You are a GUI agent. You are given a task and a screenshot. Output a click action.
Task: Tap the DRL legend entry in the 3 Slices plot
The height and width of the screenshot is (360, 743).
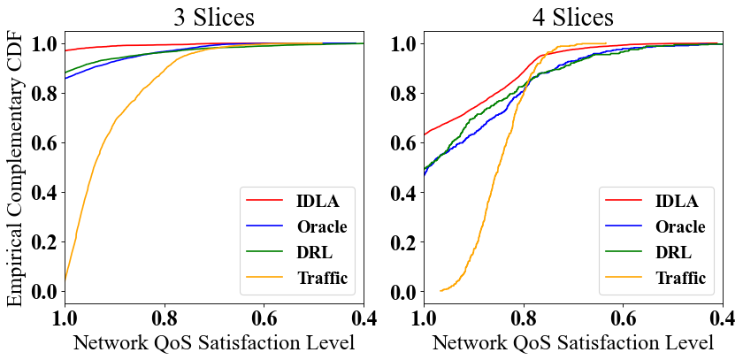[315, 252]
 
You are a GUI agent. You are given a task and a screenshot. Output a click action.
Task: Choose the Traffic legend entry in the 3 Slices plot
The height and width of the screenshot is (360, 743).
[322, 279]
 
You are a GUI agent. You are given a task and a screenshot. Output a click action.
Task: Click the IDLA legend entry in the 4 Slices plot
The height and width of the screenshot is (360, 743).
[676, 201]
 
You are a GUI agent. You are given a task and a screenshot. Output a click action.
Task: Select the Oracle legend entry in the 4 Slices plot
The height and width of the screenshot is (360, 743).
[681, 226]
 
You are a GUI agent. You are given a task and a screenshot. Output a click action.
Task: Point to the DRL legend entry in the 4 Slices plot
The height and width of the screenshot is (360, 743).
[674, 252]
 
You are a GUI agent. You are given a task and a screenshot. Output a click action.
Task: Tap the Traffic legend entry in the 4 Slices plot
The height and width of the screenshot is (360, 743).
[681, 279]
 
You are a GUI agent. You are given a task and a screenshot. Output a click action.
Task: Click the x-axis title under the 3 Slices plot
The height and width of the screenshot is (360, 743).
[213, 342]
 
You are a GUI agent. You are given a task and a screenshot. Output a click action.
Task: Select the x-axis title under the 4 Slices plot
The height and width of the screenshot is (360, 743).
[572, 342]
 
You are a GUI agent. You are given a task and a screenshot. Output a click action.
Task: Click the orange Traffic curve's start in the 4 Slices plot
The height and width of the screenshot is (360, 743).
[441, 290]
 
